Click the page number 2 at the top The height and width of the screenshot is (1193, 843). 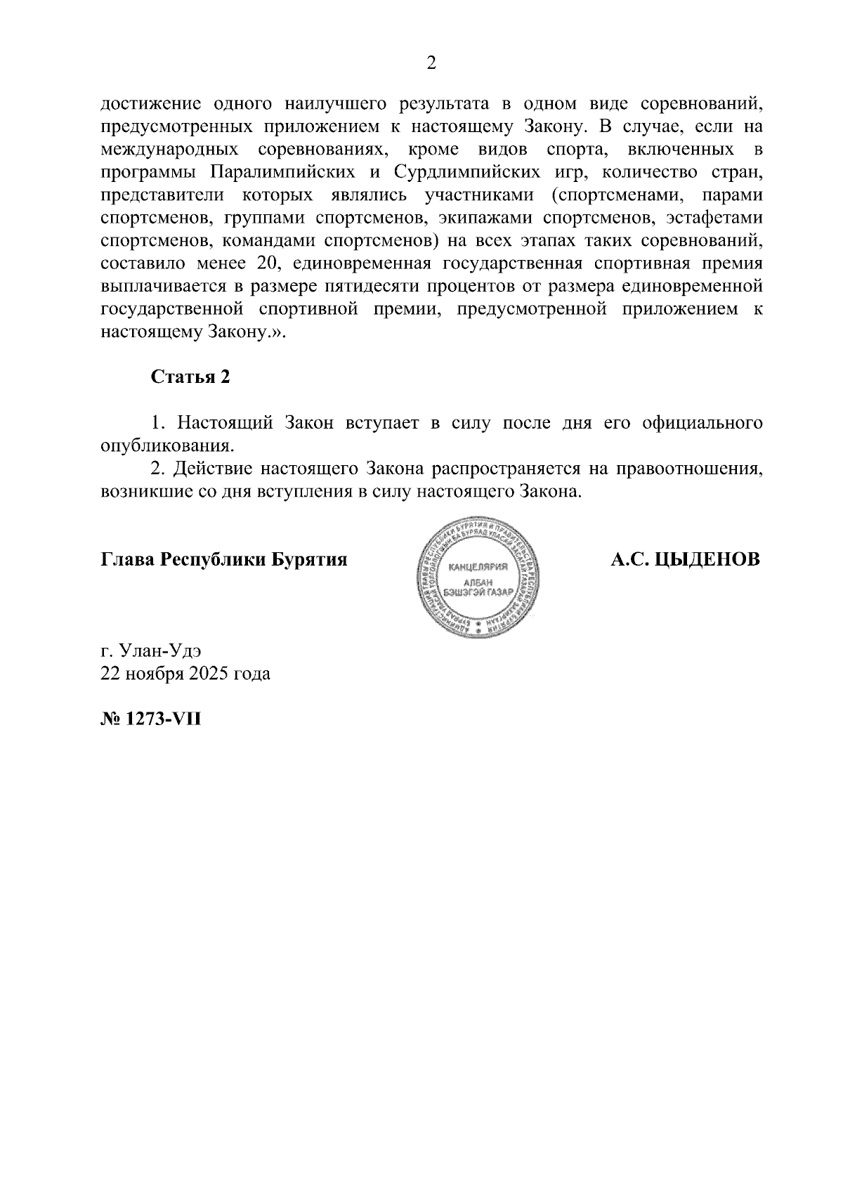431,63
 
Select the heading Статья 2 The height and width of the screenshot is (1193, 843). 190,377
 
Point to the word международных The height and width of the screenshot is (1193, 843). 169,150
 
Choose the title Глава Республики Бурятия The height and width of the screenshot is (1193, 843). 224,560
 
